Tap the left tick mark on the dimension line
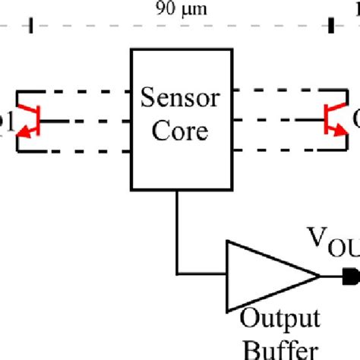click(x=31, y=27)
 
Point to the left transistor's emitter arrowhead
click(x=24, y=134)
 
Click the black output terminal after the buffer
click(x=351, y=274)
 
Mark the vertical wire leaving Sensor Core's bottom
click(x=178, y=228)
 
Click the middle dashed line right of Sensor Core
click(x=277, y=120)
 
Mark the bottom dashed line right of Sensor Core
click(x=277, y=150)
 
